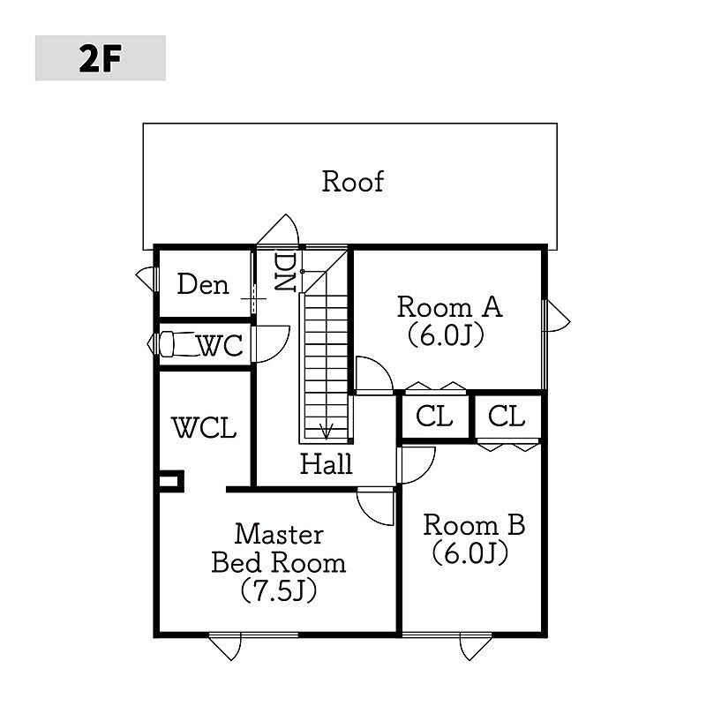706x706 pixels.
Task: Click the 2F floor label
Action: pyautogui.click(x=100, y=58)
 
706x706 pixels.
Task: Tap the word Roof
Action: pyautogui.click(x=352, y=182)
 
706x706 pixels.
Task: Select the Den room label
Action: pyautogui.click(x=203, y=284)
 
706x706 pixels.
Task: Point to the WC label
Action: pyautogui.click(x=219, y=346)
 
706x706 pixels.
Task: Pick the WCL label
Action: pyautogui.click(x=204, y=429)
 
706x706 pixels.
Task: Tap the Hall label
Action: pyautogui.click(x=326, y=463)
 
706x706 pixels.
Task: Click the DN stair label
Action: pyautogui.click(x=284, y=274)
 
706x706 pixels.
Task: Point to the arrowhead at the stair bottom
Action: pyautogui.click(x=327, y=431)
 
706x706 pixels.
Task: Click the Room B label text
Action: pyautogui.click(x=474, y=525)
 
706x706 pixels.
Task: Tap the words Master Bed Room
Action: pyautogui.click(x=278, y=548)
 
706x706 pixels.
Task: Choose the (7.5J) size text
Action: pyautogui.click(x=279, y=590)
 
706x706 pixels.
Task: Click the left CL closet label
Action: pyautogui.click(x=434, y=417)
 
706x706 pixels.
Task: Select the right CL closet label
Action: pyautogui.click(x=507, y=417)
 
